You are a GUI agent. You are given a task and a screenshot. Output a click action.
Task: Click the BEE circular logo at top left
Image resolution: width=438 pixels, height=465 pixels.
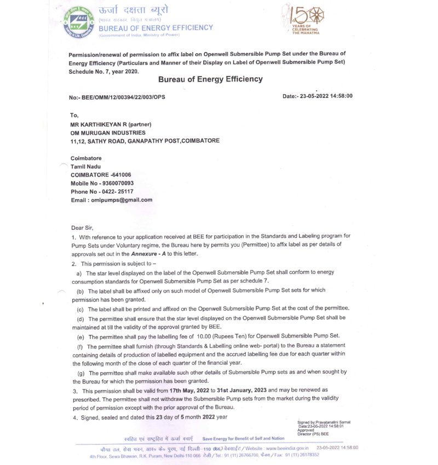tap(78, 24)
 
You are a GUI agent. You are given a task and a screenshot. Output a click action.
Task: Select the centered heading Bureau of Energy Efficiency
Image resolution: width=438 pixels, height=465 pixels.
tap(210, 80)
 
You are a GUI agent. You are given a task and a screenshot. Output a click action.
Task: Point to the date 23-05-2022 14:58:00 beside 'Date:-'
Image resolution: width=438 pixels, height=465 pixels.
tap(328, 96)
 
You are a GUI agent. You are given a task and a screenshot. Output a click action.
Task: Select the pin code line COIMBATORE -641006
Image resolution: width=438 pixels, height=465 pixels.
tap(101, 174)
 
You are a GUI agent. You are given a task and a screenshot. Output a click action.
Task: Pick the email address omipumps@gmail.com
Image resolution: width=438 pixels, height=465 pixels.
tap(123, 200)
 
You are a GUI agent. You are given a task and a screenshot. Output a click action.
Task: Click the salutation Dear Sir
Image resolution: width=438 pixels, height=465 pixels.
tap(82, 227)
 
